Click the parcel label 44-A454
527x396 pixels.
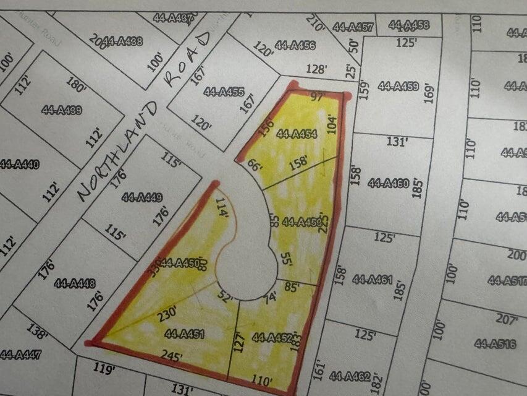pyautogui.click(x=297, y=134)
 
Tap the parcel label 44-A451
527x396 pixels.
pyautogui.click(x=184, y=334)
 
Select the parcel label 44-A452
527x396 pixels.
pyautogui.click(x=272, y=338)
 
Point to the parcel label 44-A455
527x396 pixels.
pyautogui.click(x=224, y=92)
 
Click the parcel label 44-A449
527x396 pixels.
pyautogui.click(x=142, y=198)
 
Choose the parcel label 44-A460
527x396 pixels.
pyautogui.click(x=387, y=183)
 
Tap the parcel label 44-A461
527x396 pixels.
pyautogui.click(x=373, y=279)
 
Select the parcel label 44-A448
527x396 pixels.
pyautogui.click(x=75, y=283)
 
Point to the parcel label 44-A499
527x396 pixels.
pyautogui.click(x=62, y=110)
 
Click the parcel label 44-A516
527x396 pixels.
pyautogui.click(x=495, y=343)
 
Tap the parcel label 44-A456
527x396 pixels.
pyautogui.click(x=295, y=45)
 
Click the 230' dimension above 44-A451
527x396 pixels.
pyautogui.click(x=166, y=313)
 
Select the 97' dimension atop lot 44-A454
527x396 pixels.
pyautogui.click(x=317, y=96)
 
